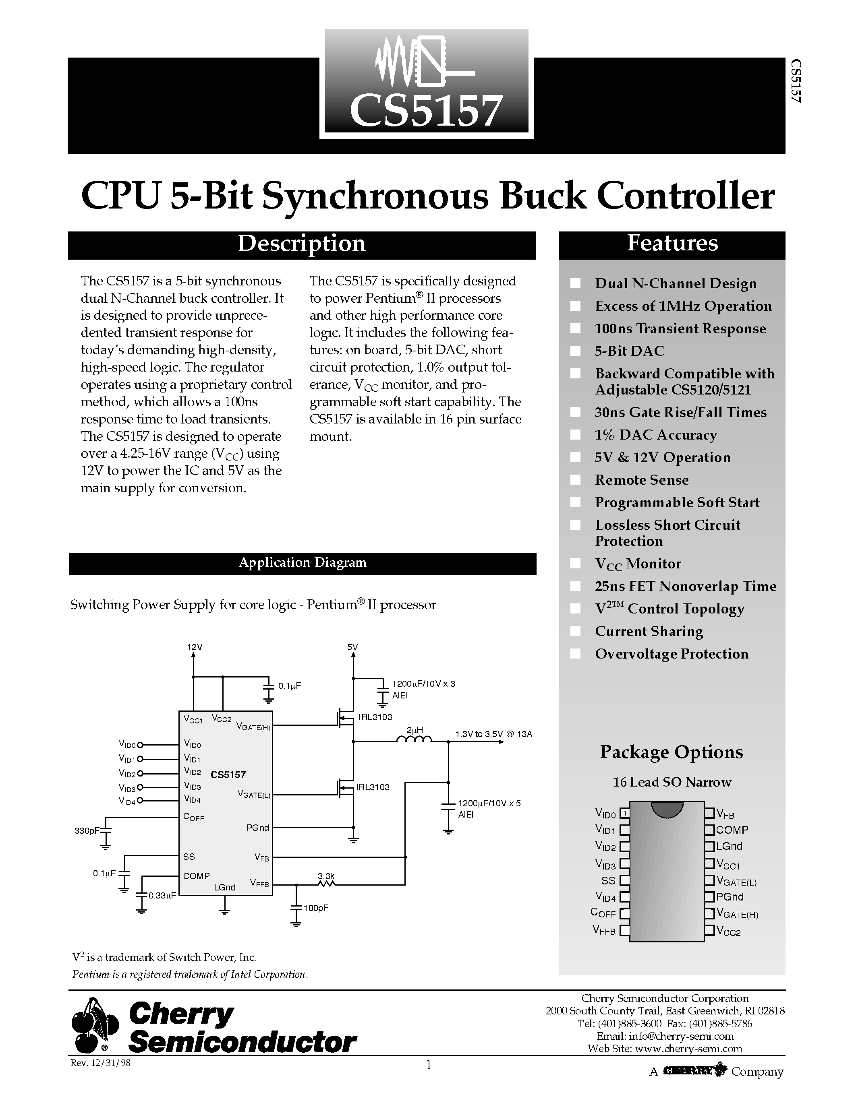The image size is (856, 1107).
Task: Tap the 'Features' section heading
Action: [x=672, y=243]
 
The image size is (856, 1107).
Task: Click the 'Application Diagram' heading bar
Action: [x=302, y=563]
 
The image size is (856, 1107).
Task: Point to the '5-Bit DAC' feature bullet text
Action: [x=629, y=351]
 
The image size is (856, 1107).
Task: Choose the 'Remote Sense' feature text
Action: [x=641, y=479]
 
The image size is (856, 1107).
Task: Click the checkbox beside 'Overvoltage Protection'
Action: [x=575, y=653]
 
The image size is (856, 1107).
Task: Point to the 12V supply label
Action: [x=195, y=647]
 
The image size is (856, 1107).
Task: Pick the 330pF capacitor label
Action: [x=87, y=830]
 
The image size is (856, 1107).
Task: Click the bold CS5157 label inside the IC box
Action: [x=228, y=774]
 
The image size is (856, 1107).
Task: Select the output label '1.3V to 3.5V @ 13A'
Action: [x=493, y=734]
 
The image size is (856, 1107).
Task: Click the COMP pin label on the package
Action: [x=732, y=830]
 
